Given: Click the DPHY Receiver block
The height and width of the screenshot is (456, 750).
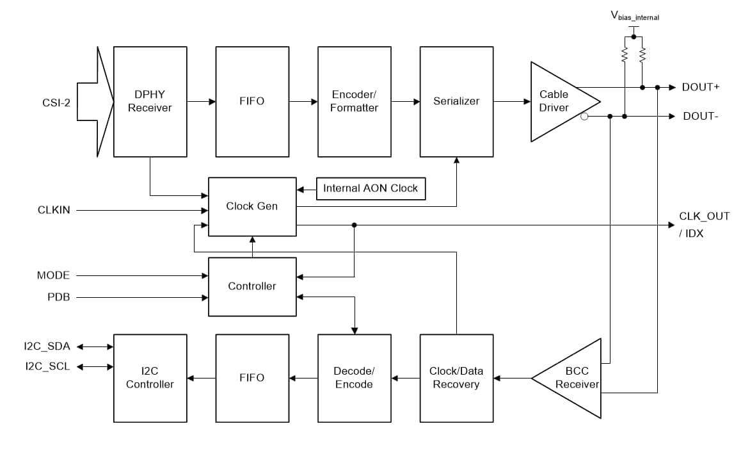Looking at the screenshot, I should click(x=150, y=101).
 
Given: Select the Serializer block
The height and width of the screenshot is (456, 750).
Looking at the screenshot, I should click(x=456, y=101).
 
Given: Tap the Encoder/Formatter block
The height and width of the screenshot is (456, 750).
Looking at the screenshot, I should click(x=354, y=101).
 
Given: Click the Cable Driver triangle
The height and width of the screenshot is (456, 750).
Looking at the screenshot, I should click(x=557, y=101).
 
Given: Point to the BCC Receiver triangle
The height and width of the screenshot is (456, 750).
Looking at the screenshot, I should click(x=573, y=378).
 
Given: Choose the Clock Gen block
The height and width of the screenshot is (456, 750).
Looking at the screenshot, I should click(x=252, y=206).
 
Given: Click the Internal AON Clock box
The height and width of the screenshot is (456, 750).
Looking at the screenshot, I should click(x=371, y=188).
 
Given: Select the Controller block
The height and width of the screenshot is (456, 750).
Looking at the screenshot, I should click(x=252, y=286).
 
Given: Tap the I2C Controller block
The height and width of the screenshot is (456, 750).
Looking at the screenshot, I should click(x=150, y=378).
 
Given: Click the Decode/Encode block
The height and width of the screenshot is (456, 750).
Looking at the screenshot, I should click(x=354, y=378).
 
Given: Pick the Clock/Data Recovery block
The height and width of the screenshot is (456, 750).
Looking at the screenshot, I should click(x=456, y=378).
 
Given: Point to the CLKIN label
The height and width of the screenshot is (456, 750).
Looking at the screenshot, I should click(x=54, y=210).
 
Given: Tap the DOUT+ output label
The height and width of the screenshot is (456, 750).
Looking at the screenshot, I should click(x=701, y=87).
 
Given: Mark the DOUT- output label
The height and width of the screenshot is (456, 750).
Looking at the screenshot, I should click(x=700, y=116).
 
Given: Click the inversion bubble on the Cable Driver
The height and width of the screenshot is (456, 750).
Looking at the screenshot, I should click(x=584, y=117).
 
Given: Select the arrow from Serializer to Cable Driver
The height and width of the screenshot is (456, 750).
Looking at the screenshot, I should click(x=512, y=101).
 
